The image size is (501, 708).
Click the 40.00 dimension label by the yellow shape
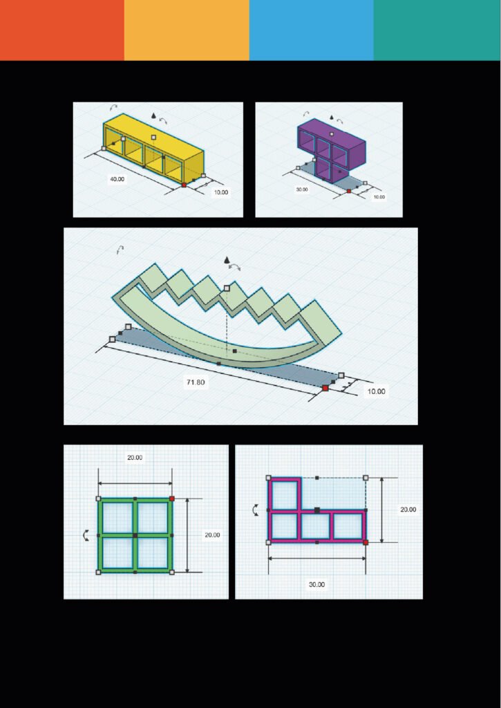(117, 179)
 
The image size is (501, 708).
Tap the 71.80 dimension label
(196, 382)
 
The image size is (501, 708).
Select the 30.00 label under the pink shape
(317, 584)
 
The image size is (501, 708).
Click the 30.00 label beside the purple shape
(302, 189)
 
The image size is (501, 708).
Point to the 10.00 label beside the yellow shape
(221, 192)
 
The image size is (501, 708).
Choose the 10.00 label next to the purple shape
(379, 197)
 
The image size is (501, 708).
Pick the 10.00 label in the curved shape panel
(376, 391)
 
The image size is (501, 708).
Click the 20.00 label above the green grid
(135, 458)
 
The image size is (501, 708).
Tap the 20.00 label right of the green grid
(212, 535)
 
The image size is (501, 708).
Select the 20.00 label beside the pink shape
(408, 510)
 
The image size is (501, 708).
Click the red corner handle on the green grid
(172, 499)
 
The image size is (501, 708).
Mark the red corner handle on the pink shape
(366, 542)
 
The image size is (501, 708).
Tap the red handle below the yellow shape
(184, 185)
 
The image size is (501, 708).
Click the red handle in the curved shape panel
(325, 388)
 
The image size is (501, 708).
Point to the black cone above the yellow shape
(154, 116)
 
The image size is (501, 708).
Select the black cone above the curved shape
(227, 260)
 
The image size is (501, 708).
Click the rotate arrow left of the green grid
(86, 536)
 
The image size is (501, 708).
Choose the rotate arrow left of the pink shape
(256, 510)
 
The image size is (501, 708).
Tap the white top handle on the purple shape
(332, 134)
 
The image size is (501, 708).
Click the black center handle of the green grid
(135, 536)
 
